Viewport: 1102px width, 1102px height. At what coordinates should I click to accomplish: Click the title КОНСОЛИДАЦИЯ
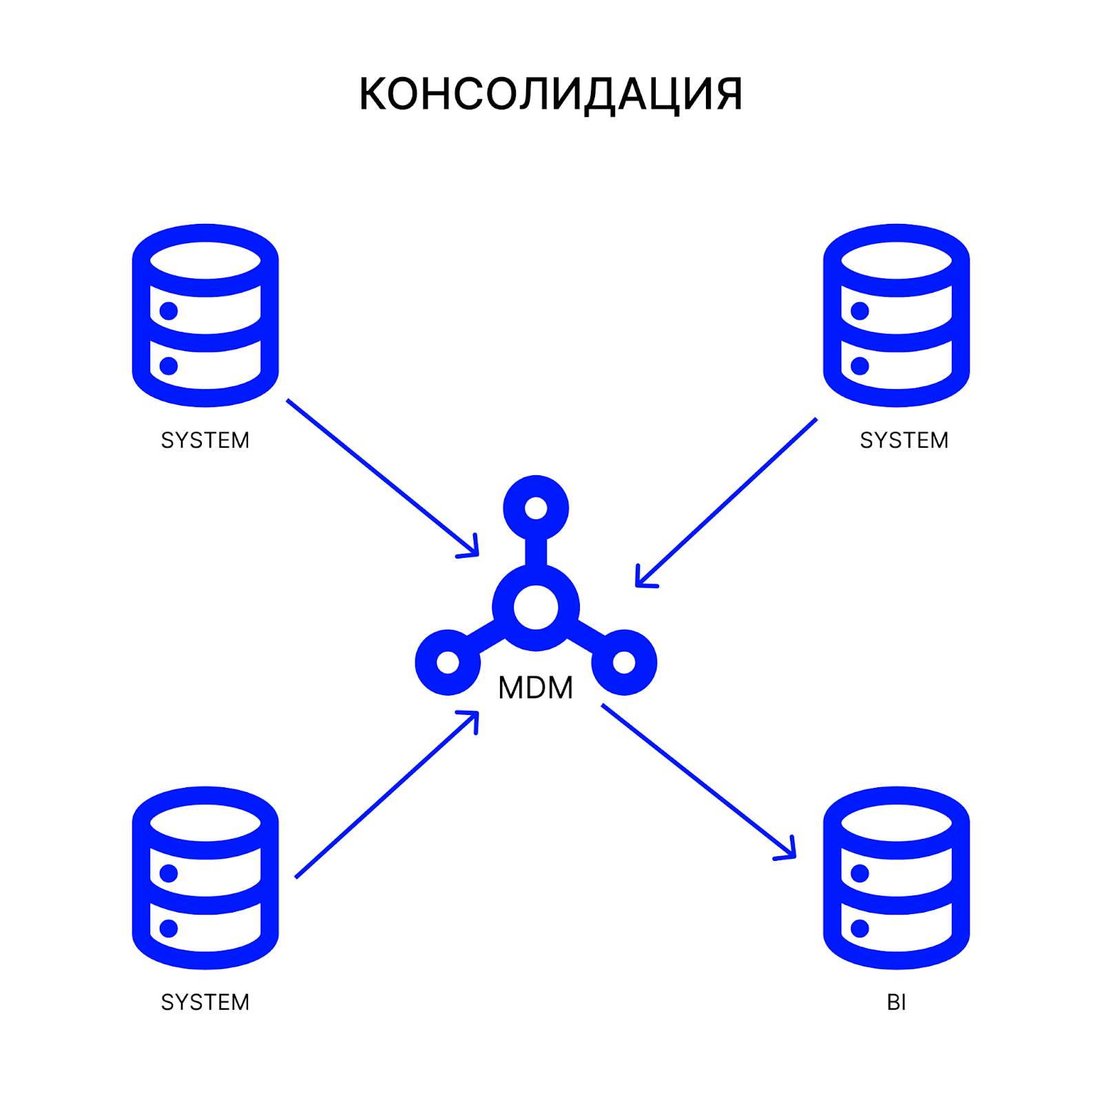(x=550, y=94)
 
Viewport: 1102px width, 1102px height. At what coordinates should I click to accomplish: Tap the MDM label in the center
(x=535, y=687)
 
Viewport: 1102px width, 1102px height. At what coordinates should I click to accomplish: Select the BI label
(x=896, y=1002)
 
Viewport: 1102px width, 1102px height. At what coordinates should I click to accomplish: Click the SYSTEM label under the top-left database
(x=205, y=440)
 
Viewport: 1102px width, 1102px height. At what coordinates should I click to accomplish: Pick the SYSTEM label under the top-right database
(x=904, y=440)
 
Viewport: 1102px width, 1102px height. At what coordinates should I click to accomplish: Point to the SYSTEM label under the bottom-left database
(x=205, y=1002)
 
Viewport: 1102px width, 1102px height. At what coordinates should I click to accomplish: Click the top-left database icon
(x=205, y=315)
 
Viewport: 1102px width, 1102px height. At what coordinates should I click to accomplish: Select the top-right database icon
(x=896, y=315)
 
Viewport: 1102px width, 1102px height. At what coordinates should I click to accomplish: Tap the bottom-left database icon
(x=205, y=877)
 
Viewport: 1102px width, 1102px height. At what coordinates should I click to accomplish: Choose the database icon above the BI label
(x=896, y=877)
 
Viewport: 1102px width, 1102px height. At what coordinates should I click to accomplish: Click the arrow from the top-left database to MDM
(x=382, y=477)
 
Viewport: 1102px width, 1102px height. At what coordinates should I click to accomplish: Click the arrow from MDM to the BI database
(x=698, y=780)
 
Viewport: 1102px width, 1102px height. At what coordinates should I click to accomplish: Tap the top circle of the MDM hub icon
(x=536, y=508)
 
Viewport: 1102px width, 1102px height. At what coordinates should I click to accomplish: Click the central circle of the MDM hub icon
(x=536, y=607)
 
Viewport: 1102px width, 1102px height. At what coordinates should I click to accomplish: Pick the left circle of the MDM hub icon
(x=448, y=663)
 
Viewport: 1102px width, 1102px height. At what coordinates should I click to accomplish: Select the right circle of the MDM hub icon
(x=624, y=663)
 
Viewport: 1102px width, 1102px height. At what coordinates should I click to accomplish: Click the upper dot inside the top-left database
(x=169, y=311)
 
